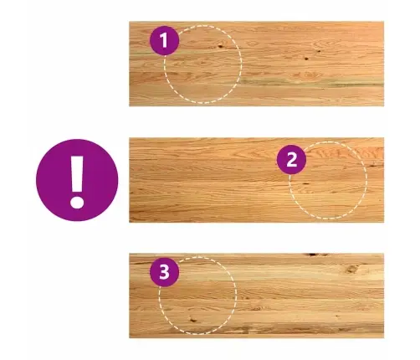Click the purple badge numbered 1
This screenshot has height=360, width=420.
[x=164, y=41]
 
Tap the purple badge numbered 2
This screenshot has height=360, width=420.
[x=291, y=160]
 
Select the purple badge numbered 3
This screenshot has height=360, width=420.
[x=165, y=272]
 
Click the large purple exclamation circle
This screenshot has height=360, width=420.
[x=77, y=180]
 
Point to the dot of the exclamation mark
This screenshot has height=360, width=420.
[x=77, y=202]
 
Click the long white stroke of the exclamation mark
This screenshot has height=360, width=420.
[x=77, y=173]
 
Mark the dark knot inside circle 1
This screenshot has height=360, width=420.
[x=221, y=46]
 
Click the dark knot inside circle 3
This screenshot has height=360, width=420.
[x=192, y=319]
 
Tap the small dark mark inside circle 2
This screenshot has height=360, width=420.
[x=305, y=184]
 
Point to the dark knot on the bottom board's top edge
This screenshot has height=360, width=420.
[x=315, y=255]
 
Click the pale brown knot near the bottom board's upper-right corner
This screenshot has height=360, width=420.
[x=352, y=269]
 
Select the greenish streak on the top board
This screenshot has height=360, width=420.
[x=310, y=83]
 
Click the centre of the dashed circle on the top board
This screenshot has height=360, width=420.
[x=203, y=64]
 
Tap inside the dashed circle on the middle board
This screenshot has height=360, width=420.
[x=328, y=180]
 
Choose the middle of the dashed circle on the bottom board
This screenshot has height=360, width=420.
[x=197, y=296]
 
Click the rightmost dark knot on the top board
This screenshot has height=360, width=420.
[x=319, y=51]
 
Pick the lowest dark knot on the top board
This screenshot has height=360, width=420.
[x=306, y=59]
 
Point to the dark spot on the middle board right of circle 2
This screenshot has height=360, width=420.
[x=373, y=166]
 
